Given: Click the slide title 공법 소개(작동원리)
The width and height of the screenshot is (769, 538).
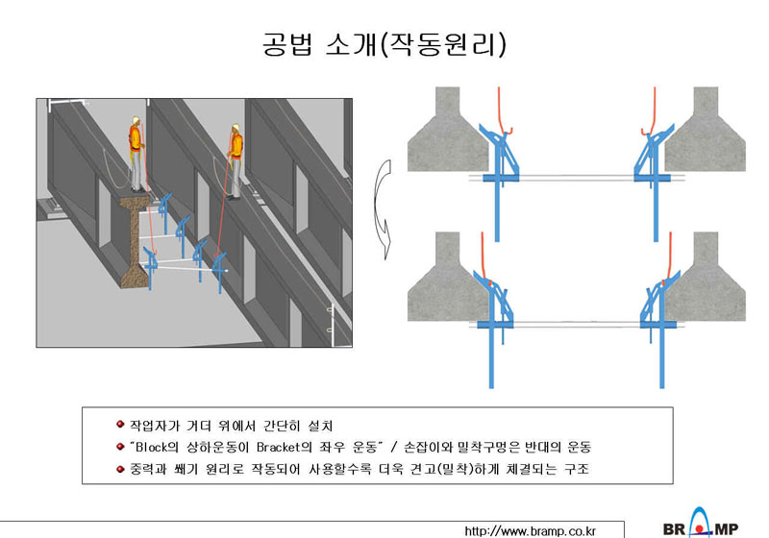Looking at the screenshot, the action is pyautogui.click(x=384, y=44).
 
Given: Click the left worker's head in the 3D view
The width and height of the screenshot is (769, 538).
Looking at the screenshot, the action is pyautogui.click(x=136, y=120).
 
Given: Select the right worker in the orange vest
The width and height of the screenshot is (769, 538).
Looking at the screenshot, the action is pyautogui.click(x=236, y=160).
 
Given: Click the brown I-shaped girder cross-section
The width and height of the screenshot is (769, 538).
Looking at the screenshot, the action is pyautogui.click(x=135, y=241).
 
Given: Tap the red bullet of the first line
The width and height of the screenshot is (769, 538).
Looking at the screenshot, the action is pyautogui.click(x=120, y=425).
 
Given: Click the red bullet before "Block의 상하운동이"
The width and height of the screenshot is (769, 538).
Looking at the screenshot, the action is pyautogui.click(x=120, y=447).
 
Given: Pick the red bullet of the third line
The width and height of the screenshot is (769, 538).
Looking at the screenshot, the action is pyautogui.click(x=120, y=469).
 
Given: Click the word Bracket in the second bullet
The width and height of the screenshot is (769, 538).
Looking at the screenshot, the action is pyautogui.click(x=278, y=447).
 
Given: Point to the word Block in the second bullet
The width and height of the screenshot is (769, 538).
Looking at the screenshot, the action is pyautogui.click(x=151, y=447).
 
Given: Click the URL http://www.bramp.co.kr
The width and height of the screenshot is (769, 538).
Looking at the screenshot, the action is pyautogui.click(x=531, y=531).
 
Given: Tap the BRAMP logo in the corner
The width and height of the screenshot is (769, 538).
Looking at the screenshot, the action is pyautogui.click(x=701, y=525).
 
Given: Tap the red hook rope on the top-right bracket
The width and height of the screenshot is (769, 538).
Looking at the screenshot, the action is pyautogui.click(x=654, y=112).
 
